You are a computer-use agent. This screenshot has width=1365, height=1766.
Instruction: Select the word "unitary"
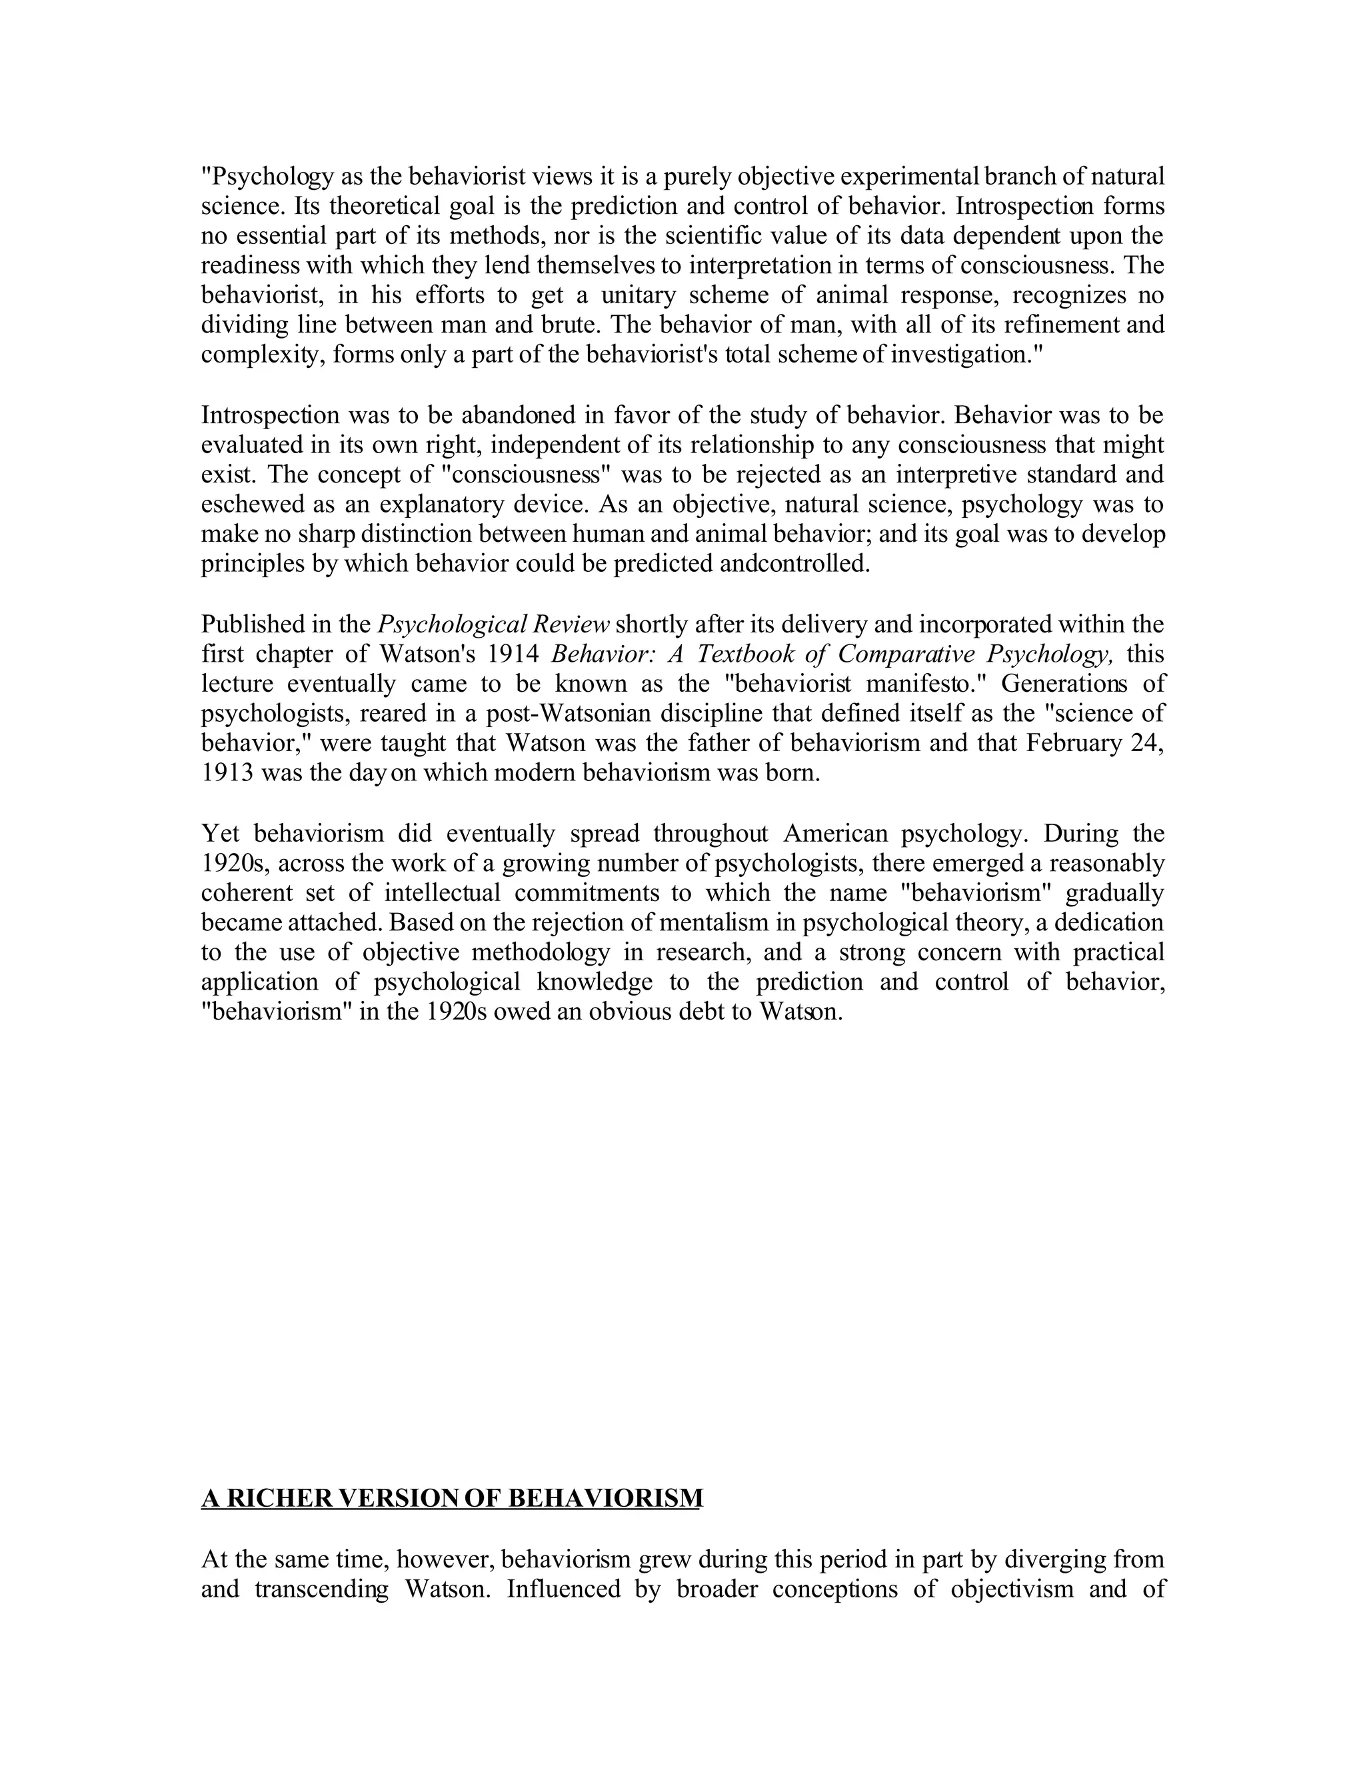point(638,295)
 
